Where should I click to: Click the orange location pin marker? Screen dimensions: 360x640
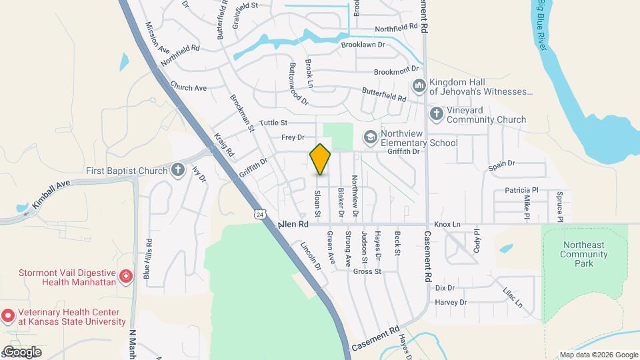(320, 159)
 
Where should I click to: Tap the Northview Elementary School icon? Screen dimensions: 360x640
(369, 137)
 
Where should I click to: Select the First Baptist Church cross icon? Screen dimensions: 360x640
(178, 170)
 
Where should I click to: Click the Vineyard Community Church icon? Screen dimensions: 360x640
(437, 114)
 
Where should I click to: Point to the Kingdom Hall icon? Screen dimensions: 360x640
(419, 86)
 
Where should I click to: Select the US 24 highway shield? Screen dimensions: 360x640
(260, 214)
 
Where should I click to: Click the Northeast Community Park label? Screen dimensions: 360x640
(584, 254)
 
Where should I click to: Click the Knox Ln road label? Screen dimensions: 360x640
(447, 225)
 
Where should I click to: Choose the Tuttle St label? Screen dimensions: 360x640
(273, 123)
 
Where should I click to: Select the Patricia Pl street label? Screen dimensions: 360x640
(521, 190)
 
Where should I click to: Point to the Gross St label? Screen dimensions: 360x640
(367, 271)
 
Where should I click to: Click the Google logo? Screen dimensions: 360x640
(22, 351)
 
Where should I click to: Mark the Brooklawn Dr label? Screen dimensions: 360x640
(363, 45)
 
